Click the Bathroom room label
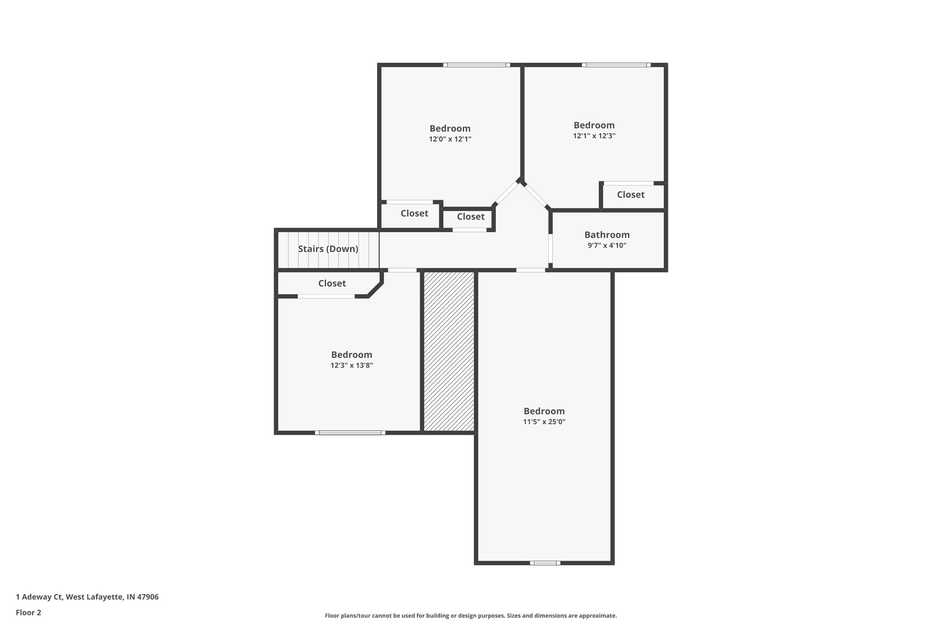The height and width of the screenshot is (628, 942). [607, 235]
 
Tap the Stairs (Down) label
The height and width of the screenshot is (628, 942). [328, 249]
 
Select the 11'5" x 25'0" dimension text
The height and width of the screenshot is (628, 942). [544, 421]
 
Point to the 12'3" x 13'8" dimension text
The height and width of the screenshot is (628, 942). [351, 365]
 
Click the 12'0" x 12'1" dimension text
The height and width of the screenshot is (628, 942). [450, 139]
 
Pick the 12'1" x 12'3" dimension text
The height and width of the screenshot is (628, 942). [594, 136]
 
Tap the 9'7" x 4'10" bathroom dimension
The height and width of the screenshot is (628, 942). [607, 245]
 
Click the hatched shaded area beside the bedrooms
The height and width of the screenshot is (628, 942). [449, 351]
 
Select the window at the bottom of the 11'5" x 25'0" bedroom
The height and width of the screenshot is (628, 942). [545, 562]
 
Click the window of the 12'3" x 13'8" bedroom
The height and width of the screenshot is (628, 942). [350, 432]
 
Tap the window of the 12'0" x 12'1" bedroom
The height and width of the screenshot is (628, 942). [477, 65]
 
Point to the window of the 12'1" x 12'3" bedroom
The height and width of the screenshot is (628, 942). [616, 65]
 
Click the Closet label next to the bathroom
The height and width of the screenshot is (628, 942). [631, 195]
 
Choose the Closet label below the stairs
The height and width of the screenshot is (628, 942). [332, 283]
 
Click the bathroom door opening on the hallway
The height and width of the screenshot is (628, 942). [550, 249]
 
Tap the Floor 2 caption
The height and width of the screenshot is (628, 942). [29, 612]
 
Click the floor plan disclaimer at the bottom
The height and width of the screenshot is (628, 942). [471, 616]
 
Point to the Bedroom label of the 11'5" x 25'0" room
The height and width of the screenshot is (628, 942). [544, 411]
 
